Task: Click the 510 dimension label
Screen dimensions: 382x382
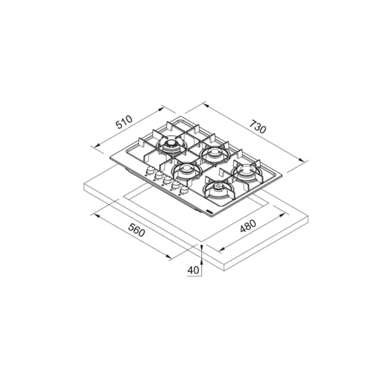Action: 124,122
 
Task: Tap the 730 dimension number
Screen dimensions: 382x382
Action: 257,127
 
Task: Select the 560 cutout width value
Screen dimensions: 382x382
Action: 137,230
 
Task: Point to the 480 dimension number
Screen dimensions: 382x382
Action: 248,226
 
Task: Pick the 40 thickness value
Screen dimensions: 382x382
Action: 193,270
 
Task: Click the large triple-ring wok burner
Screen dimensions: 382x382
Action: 171,146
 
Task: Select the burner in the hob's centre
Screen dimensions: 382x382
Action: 185,170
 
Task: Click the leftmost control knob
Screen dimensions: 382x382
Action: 150,170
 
